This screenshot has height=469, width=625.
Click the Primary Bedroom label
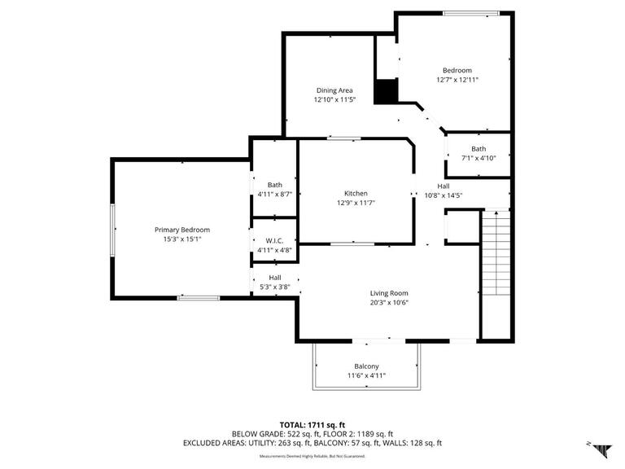[182, 230]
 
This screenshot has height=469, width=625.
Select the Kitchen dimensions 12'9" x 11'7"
[355, 204]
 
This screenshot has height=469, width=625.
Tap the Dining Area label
[334, 90]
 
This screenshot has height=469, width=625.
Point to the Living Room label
[389, 293]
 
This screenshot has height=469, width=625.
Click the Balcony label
[366, 366]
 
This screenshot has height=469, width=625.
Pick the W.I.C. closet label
[273, 240]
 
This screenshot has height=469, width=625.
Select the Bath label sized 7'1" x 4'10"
[479, 149]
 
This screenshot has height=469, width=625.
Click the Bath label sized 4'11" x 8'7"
[273, 184]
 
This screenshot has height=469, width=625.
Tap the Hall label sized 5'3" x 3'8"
[275, 277]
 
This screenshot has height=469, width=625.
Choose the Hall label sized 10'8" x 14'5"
[444, 186]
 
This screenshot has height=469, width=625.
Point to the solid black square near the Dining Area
[386, 91]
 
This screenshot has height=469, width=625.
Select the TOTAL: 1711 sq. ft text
[313, 425]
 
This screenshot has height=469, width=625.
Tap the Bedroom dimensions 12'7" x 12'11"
[457, 80]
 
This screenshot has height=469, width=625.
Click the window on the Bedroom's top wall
[471, 12]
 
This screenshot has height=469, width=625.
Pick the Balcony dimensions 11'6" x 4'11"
[366, 375]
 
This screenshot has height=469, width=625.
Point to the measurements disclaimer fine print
[312, 456]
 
